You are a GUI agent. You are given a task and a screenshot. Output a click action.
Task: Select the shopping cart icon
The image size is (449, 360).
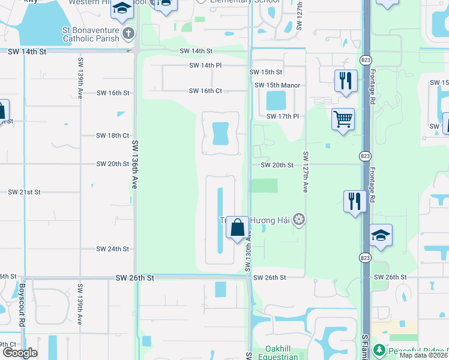coord(343,119)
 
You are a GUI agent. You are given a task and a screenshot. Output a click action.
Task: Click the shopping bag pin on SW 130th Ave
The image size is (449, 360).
coord(237,227)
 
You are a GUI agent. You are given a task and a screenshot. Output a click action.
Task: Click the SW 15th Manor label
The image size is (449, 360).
coord(277,85)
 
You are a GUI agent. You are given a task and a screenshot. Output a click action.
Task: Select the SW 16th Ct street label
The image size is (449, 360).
coord(205,91)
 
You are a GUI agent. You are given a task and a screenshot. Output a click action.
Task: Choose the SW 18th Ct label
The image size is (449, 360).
coord(112,136)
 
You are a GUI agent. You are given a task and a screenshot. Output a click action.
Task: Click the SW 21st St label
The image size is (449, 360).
coord(24,193)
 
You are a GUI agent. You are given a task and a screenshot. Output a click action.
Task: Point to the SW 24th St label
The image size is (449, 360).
coord(112,249)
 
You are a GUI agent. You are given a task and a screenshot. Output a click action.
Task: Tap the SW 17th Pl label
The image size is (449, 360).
coord(282,116)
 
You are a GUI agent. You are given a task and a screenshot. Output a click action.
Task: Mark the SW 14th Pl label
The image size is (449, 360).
coord(205,65)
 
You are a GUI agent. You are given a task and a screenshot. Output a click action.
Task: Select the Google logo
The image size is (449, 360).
coord(19,353)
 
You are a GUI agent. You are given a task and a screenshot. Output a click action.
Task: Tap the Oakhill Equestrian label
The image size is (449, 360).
coord(282,353)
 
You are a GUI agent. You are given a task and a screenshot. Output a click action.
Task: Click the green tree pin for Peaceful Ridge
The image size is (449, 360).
coord(379,349)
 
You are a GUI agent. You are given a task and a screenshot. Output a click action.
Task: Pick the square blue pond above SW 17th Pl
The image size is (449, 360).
coord(276,100)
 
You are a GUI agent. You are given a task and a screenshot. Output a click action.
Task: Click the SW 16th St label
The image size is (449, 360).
coord(112,93)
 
